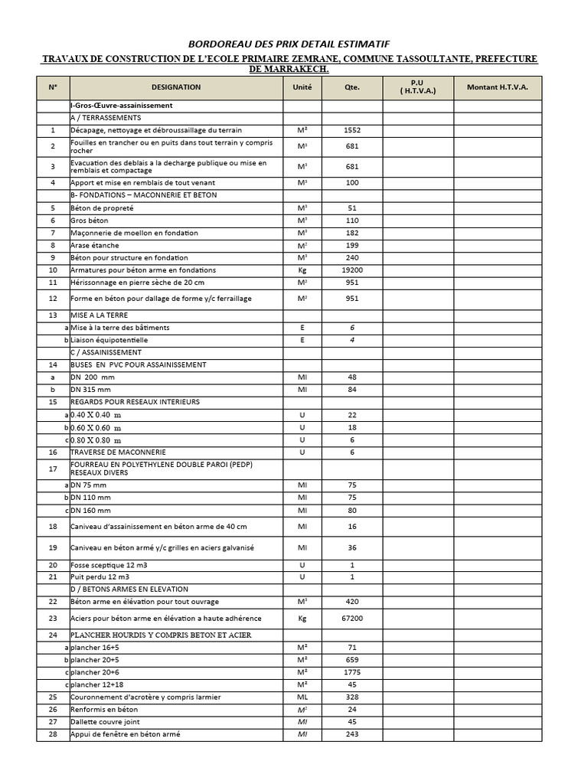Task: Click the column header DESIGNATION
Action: pyautogui.click(x=176, y=87)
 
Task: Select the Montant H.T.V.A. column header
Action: pyautogui.click(x=498, y=87)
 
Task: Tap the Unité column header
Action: pyautogui.click(x=302, y=87)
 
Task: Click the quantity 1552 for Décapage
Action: pyautogui.click(x=352, y=130)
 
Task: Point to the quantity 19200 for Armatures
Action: pyautogui.click(x=352, y=270)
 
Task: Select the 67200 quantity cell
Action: pyautogui.click(x=352, y=618)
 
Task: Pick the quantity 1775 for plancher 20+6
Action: pyautogui.click(x=352, y=672)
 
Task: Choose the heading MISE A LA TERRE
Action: pyautogui.click(x=100, y=315)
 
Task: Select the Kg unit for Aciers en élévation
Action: pyautogui.click(x=302, y=618)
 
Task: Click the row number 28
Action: pyautogui.click(x=53, y=734)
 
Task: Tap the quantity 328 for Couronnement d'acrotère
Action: pyautogui.click(x=352, y=697)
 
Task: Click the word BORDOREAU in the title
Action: pyautogui.click(x=218, y=44)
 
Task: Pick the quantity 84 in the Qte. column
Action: pyautogui.click(x=352, y=390)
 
